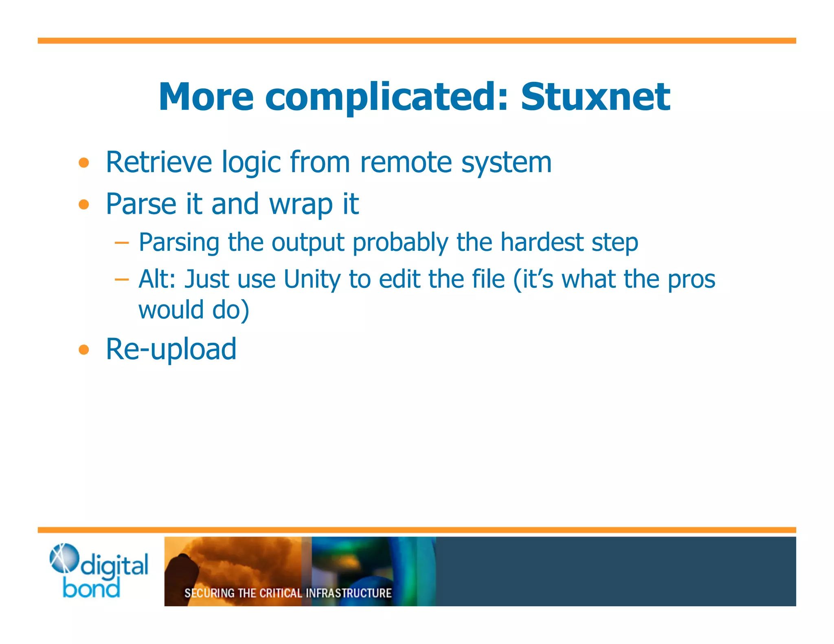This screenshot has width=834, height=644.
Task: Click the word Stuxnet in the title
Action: (x=595, y=97)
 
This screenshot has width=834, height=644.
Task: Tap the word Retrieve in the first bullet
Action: (x=159, y=162)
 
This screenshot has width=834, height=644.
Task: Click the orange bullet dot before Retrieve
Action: (x=84, y=163)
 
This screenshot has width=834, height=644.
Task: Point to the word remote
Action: (x=406, y=162)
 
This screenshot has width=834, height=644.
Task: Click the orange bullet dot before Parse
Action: (x=84, y=204)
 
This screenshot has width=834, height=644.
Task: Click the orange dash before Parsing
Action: (x=121, y=243)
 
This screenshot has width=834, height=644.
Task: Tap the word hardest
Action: (x=542, y=242)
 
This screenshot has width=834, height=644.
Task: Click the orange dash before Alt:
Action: (x=121, y=280)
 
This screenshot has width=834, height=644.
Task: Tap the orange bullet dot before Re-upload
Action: (x=84, y=349)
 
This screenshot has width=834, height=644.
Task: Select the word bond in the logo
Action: (x=91, y=589)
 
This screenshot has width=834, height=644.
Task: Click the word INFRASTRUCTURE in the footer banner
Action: (x=349, y=593)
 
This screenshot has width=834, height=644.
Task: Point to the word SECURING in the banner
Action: (x=209, y=593)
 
